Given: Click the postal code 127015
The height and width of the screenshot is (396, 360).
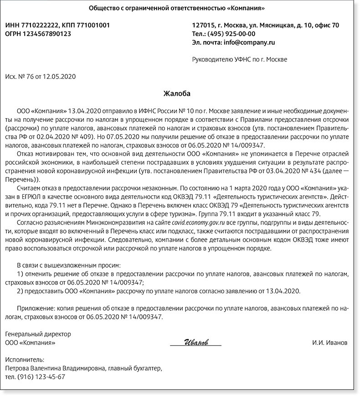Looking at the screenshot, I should pyautogui.click(x=203, y=25).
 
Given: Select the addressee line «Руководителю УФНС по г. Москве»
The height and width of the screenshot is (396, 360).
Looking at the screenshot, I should pyautogui.click(x=240, y=59).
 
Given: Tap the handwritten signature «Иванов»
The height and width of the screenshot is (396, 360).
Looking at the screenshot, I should pyautogui.click(x=196, y=342).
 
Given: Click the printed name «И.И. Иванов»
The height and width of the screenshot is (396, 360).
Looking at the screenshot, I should pyautogui.click(x=329, y=342).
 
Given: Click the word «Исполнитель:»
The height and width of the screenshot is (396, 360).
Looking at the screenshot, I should pyautogui.click(x=25, y=360).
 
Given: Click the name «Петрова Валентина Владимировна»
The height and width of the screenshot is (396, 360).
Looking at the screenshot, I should pyautogui.click(x=55, y=368).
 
